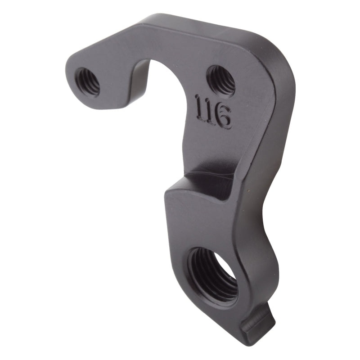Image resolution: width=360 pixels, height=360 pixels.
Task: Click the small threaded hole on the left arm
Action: click(x=87, y=81)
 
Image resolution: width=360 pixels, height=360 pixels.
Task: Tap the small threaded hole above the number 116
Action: click(x=221, y=80)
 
